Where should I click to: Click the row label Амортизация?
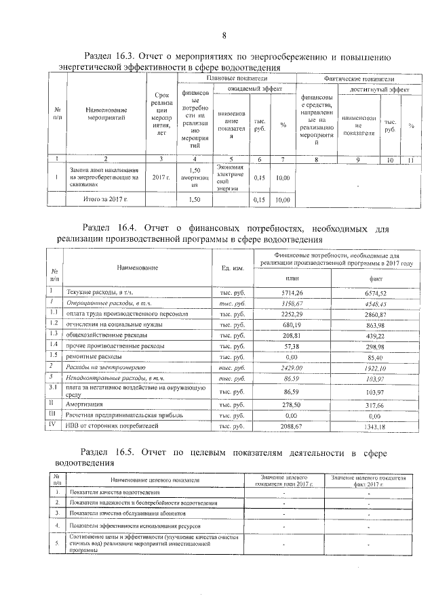tap(85, 402)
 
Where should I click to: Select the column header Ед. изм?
tap(233, 267)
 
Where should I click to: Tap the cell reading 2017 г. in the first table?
tap(161, 178)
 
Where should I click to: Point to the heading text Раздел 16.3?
tap(108, 57)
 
